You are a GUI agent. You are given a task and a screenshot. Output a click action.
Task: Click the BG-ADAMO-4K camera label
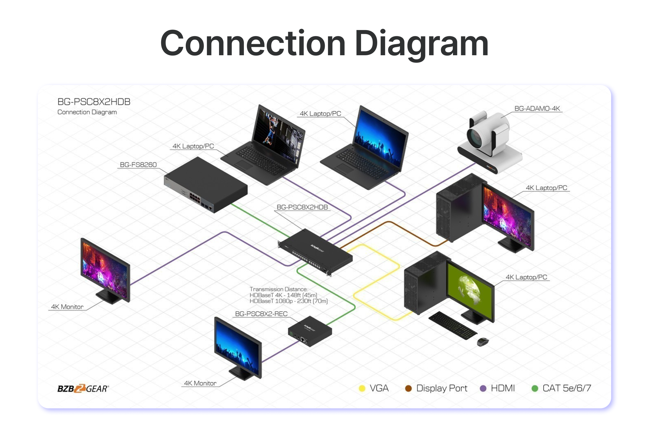point(537,109)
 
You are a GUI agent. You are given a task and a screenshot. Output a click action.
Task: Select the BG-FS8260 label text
point(138,165)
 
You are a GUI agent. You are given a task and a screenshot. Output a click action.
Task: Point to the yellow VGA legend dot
point(362,388)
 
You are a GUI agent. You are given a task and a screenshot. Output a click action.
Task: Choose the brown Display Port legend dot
point(408,388)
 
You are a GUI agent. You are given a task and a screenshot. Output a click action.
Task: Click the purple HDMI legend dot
point(483,388)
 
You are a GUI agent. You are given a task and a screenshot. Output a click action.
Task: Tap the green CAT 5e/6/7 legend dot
point(535,388)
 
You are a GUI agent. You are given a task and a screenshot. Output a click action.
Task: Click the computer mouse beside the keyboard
point(482,342)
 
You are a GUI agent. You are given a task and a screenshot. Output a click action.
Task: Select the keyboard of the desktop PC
point(453,325)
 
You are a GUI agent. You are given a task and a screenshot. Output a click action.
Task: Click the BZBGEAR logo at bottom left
point(83,389)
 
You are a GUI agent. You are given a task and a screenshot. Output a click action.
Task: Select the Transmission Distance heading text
point(279,289)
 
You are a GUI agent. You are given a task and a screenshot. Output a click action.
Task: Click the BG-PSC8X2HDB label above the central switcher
point(302,207)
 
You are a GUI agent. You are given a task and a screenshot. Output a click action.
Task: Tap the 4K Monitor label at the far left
point(67,307)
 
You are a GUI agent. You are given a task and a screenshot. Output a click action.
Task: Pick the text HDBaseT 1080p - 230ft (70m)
point(289,301)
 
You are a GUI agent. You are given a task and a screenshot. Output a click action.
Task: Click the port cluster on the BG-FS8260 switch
point(195,198)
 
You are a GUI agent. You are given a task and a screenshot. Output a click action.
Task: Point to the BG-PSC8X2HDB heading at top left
point(94,102)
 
